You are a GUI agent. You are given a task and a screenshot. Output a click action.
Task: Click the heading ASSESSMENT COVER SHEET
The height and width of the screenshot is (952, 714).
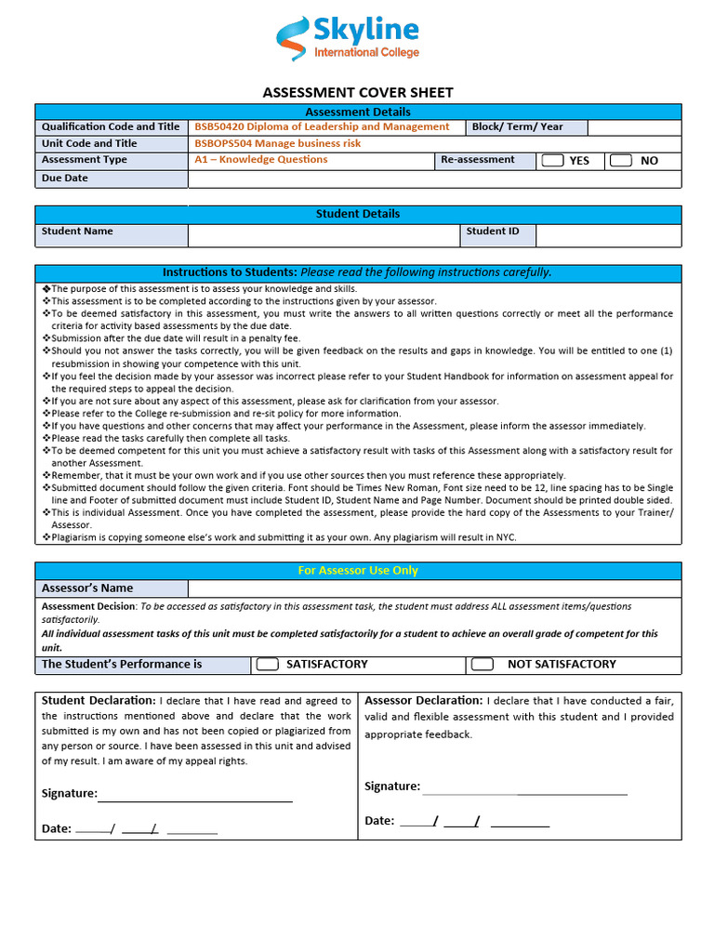[358, 93]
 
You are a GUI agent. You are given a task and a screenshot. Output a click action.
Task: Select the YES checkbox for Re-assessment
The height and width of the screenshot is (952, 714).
[553, 161]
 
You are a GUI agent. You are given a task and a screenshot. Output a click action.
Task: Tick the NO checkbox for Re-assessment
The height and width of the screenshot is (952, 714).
[621, 161]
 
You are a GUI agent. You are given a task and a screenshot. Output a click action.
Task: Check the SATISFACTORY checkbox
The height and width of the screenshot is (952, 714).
[268, 665]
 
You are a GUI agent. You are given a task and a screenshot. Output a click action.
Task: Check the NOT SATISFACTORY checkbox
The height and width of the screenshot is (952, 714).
[482, 665]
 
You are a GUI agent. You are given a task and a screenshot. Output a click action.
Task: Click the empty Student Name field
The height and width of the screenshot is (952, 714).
[324, 235]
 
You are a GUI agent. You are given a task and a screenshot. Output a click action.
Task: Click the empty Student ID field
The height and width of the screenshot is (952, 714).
[608, 235]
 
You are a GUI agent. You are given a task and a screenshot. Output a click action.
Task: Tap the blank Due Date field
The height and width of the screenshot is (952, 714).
[434, 179]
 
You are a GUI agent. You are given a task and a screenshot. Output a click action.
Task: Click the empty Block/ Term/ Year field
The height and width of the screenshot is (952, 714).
[634, 127]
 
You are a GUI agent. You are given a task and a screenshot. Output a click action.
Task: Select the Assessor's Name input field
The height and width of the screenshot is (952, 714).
[434, 588]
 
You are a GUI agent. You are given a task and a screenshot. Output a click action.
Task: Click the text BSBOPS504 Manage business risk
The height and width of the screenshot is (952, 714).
[277, 144]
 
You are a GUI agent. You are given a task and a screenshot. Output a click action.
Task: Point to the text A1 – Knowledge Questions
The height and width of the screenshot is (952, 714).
[260, 160]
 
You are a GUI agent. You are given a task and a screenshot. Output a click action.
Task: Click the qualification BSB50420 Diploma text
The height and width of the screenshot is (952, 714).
[321, 127]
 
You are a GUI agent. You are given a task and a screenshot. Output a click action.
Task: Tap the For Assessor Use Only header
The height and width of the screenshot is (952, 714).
[358, 571]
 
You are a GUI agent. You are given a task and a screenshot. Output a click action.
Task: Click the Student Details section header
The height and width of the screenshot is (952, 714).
[358, 214]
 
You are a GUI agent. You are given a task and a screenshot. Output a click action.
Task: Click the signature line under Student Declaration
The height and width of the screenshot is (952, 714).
[195, 796]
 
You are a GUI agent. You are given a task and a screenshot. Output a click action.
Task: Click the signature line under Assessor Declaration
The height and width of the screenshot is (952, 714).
[524, 789]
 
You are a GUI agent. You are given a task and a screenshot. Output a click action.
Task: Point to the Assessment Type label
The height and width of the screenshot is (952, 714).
[85, 160]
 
